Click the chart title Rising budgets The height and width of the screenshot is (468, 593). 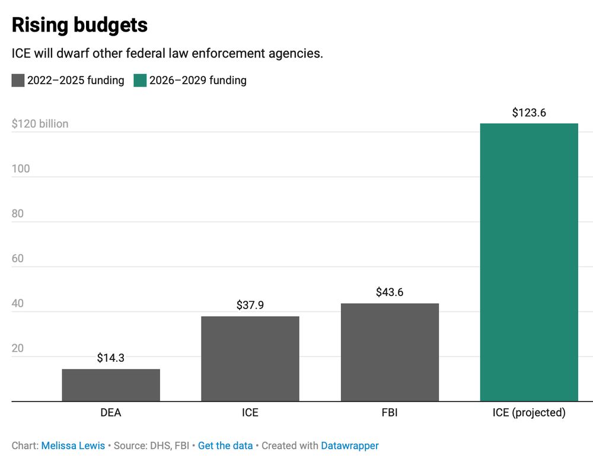click(x=79, y=25)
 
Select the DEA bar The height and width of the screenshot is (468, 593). click(x=111, y=385)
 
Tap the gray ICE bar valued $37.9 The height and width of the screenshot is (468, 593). click(x=250, y=359)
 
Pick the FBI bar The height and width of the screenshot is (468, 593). click(x=390, y=352)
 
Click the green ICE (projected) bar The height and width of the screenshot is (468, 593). click(x=528, y=262)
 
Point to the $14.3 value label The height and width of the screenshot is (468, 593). click(x=111, y=358)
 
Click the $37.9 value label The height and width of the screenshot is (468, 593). click(x=250, y=305)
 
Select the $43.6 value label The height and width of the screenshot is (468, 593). click(x=390, y=292)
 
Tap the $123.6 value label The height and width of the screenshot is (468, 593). click(x=529, y=113)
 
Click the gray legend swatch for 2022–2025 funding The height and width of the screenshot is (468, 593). click(x=18, y=81)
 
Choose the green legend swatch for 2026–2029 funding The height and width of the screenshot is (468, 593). click(x=140, y=81)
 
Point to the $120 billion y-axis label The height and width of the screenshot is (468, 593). click(x=40, y=124)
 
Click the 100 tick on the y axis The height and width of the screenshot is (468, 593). click(x=21, y=169)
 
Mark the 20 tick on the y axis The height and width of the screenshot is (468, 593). click(x=18, y=348)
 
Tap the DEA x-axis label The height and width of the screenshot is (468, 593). click(x=111, y=413)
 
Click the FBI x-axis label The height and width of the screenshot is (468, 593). click(x=390, y=413)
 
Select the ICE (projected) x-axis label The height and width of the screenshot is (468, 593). click(x=529, y=413)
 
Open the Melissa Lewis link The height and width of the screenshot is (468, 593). click(x=73, y=445)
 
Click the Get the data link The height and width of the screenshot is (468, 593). click(x=225, y=445)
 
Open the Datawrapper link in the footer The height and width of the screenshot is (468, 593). click(x=350, y=445)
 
